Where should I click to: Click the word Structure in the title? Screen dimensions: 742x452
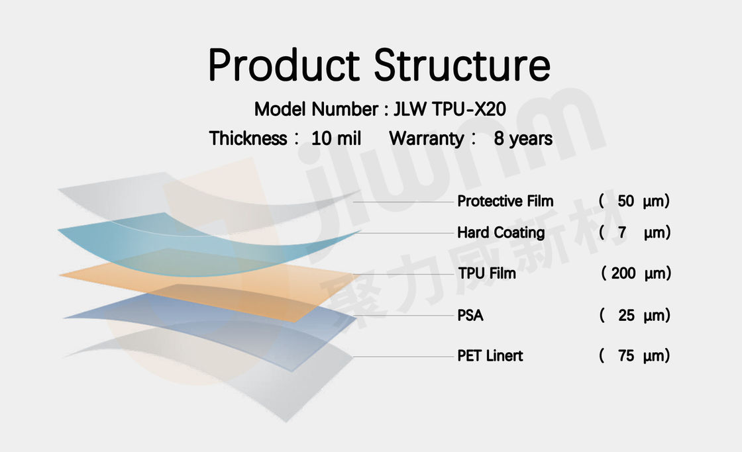[x=462, y=66]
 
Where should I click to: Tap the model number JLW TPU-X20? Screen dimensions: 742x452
[x=450, y=109]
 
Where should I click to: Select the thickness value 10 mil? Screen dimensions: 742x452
[x=336, y=138]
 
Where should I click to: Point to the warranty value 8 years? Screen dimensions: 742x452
[x=523, y=138]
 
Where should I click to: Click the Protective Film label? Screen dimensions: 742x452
[x=505, y=201]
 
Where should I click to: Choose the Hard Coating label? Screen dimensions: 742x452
[x=501, y=233]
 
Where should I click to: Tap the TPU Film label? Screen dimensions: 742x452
[x=486, y=273]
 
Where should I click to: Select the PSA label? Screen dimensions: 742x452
[x=470, y=316]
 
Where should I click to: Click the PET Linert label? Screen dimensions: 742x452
[x=490, y=355]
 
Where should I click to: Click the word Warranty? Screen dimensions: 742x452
[x=427, y=138]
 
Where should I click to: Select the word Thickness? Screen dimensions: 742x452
[x=248, y=138]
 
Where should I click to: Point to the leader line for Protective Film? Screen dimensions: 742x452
[x=403, y=202]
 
